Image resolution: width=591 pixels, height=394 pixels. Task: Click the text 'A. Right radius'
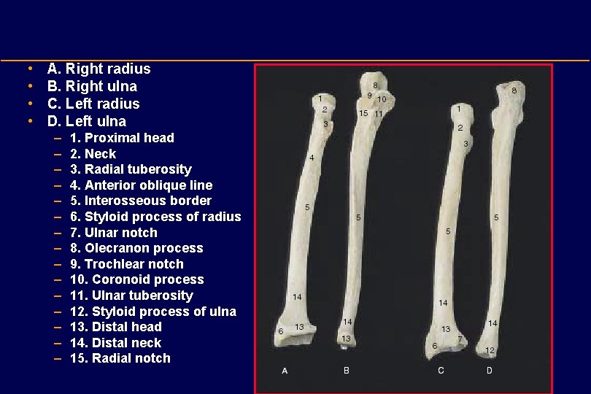tap(98, 69)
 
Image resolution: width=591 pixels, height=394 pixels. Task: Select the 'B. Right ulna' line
tap(92, 87)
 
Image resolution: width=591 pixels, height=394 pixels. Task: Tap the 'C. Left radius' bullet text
tap(93, 104)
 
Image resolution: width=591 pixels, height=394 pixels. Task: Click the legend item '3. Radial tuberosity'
tap(131, 170)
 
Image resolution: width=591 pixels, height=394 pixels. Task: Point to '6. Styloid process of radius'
tap(155, 217)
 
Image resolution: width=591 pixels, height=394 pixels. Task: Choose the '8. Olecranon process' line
tap(136, 248)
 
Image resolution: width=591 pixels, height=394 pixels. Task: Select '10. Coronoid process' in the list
tap(136, 279)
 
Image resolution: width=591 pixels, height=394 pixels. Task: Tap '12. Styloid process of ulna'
tap(152, 312)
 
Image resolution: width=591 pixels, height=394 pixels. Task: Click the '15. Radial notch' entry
tap(120, 358)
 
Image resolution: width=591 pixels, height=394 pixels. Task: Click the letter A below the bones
tap(285, 371)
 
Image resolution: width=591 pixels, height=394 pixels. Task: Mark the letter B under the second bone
tap(347, 371)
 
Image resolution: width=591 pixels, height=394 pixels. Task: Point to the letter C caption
tap(441, 371)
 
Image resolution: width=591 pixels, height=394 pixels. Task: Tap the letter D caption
tap(489, 371)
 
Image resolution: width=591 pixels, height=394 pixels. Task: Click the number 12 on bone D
tap(490, 350)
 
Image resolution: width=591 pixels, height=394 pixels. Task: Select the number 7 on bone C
tap(460, 339)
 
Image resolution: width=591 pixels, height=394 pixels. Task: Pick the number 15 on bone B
tap(363, 113)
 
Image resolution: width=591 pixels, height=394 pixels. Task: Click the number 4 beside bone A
tap(312, 157)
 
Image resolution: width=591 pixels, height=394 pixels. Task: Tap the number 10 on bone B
tap(382, 99)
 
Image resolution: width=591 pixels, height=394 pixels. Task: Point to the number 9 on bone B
tap(371, 95)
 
